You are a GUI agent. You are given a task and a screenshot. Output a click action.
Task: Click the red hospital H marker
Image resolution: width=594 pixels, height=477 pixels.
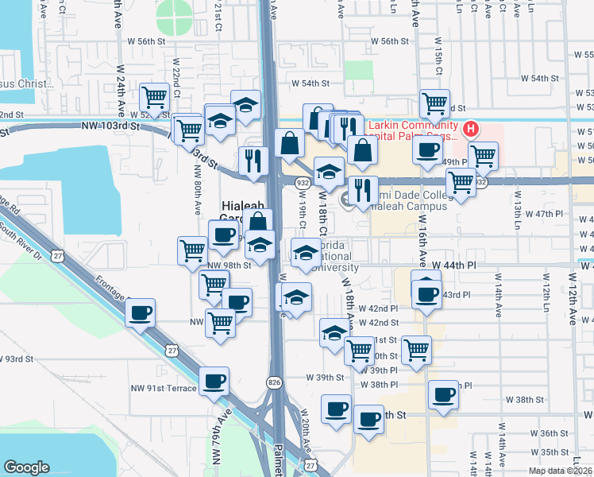[471, 128]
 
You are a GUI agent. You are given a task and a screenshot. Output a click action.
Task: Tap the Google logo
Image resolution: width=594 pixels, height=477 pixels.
[26, 467]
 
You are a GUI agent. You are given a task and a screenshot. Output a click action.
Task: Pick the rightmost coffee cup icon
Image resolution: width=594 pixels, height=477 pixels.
[444, 394]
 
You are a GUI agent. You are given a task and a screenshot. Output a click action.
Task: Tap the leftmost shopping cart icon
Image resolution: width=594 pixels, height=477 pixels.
[154, 98]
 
